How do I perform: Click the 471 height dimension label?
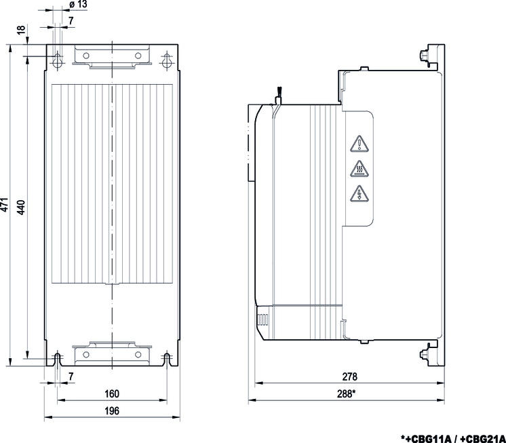coord(4,205)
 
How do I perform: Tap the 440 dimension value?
coord(20,207)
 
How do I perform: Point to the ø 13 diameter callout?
coord(78,4)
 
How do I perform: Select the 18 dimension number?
coord(20,30)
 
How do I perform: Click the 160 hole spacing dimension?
coord(112,393)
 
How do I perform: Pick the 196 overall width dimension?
coord(112,410)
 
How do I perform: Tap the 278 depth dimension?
coord(350,377)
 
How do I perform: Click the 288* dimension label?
coord(346,393)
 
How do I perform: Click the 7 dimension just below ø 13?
coord(71,20)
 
